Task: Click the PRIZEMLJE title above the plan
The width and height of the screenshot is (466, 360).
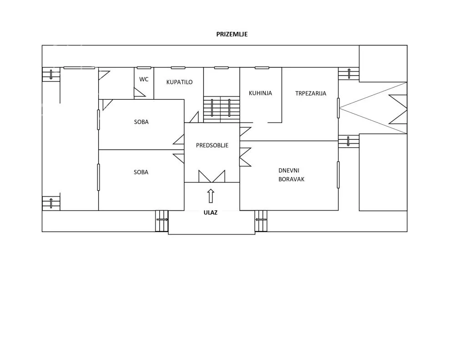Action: coord(232,34)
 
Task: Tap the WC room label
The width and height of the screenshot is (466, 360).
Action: coord(144,79)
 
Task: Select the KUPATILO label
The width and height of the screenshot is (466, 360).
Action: coord(179,82)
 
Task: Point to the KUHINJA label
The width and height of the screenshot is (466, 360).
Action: coord(260,93)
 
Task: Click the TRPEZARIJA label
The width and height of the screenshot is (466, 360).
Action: coord(310,93)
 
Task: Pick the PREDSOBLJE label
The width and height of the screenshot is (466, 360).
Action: coord(212,145)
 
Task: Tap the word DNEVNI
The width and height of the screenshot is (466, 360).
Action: coord(289,171)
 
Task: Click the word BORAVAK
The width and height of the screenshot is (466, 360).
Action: coord(291,179)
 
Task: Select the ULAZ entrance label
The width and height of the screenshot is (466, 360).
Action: coord(210,213)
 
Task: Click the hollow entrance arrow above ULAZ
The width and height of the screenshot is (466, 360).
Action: coord(211,196)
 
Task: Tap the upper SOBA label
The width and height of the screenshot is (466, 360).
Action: coord(141,122)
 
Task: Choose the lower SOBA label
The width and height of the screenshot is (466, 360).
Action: coord(141,172)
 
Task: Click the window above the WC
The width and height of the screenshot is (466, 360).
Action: coord(144,68)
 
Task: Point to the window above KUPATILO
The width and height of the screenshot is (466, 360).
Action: coord(178,68)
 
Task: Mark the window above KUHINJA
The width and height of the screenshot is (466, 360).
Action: coord(262,68)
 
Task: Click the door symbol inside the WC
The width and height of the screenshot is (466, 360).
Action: coord(139,93)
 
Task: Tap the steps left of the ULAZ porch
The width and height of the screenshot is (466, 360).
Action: coord(162,221)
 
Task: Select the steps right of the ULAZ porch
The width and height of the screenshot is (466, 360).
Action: coord(261,221)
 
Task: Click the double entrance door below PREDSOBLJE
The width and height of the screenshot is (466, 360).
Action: coord(212,176)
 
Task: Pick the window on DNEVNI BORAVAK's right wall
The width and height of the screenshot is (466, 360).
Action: coord(338,175)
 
